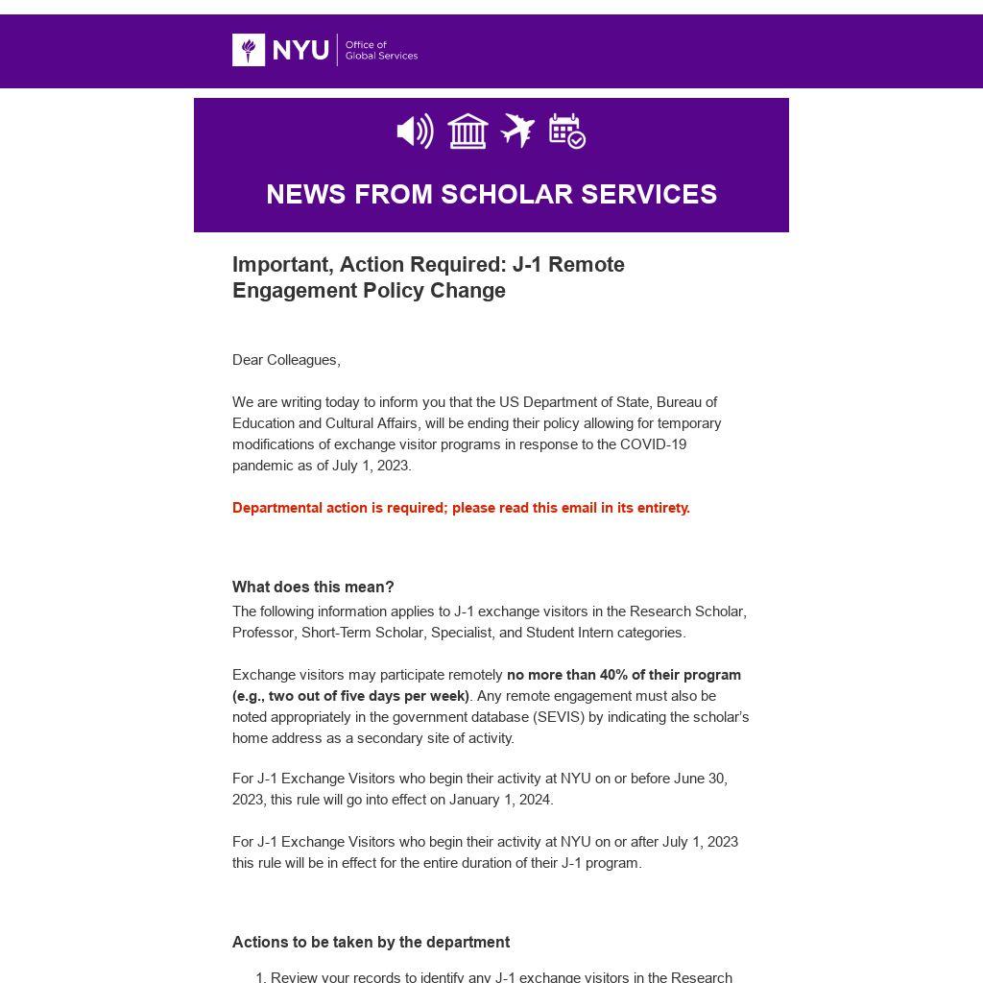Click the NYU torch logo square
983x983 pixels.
click(x=249, y=50)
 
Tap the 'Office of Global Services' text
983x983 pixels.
click(x=381, y=50)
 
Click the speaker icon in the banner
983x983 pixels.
click(x=415, y=132)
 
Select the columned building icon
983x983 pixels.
click(x=468, y=132)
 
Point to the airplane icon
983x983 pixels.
click(x=517, y=131)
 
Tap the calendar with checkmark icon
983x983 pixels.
click(x=567, y=132)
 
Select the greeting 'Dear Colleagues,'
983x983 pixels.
click(x=286, y=360)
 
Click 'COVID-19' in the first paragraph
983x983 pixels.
click(x=653, y=444)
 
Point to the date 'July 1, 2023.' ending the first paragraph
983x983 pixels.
click(x=372, y=466)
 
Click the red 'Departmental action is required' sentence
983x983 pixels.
click(x=461, y=508)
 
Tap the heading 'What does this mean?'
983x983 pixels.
click(x=313, y=587)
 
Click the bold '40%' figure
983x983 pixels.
click(x=613, y=675)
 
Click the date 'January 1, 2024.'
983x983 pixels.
click(x=501, y=800)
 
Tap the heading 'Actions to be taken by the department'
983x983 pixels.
click(x=371, y=943)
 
